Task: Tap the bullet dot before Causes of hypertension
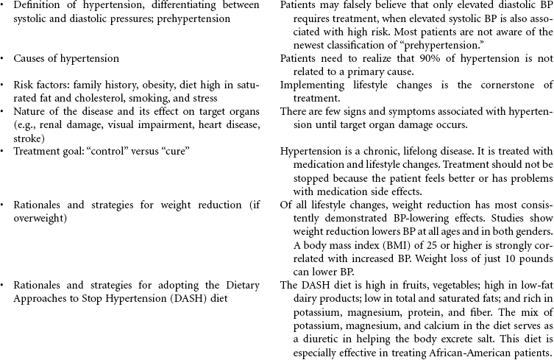pyautogui.click(x=4, y=58)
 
